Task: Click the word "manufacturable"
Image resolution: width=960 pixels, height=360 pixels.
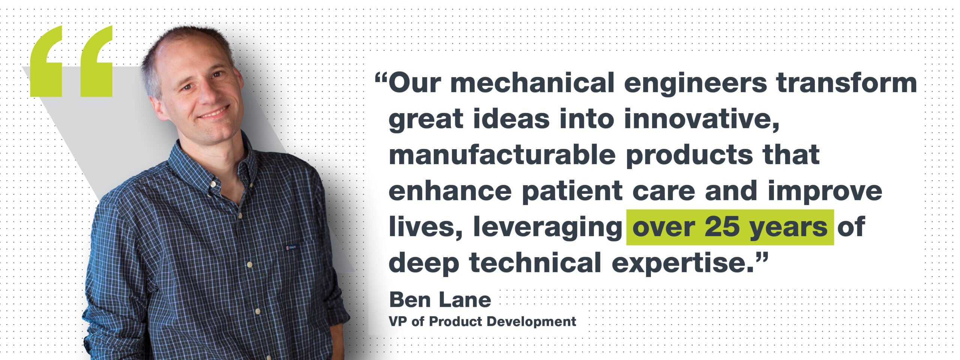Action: tap(502, 155)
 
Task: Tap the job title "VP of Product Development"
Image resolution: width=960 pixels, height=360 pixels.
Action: tap(483, 322)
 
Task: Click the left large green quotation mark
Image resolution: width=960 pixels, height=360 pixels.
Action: tap(46, 64)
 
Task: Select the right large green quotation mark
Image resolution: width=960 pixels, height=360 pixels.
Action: tap(96, 64)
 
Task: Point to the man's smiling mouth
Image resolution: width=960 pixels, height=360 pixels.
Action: tap(213, 112)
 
